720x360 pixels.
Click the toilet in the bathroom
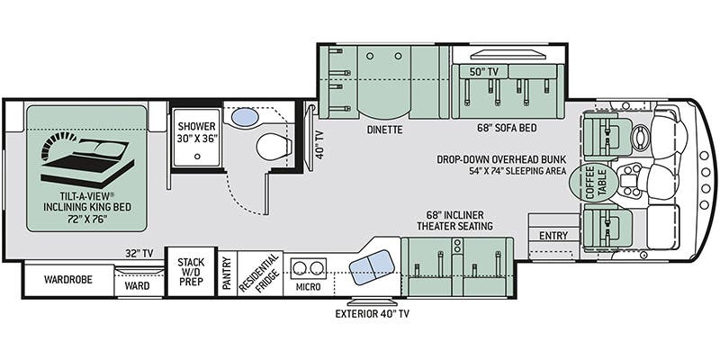point(274,147)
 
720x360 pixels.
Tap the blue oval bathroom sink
point(244,116)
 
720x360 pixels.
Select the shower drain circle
point(197,156)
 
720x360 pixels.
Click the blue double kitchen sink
point(372,266)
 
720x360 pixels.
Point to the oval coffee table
point(589,183)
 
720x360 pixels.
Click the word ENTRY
point(553,236)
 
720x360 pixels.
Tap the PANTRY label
point(227,274)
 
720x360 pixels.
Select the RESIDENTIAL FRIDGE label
point(260,274)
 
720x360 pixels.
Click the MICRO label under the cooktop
point(308,287)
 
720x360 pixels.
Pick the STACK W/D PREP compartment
point(191,272)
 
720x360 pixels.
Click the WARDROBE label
point(68,279)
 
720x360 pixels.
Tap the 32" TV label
point(139,253)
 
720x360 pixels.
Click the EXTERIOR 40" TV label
point(372,314)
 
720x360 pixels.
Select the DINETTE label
point(384,130)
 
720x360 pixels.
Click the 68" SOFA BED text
point(507,128)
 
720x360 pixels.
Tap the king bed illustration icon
point(87,160)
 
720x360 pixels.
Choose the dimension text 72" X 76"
point(87,219)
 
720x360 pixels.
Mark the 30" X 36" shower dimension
point(197,138)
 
